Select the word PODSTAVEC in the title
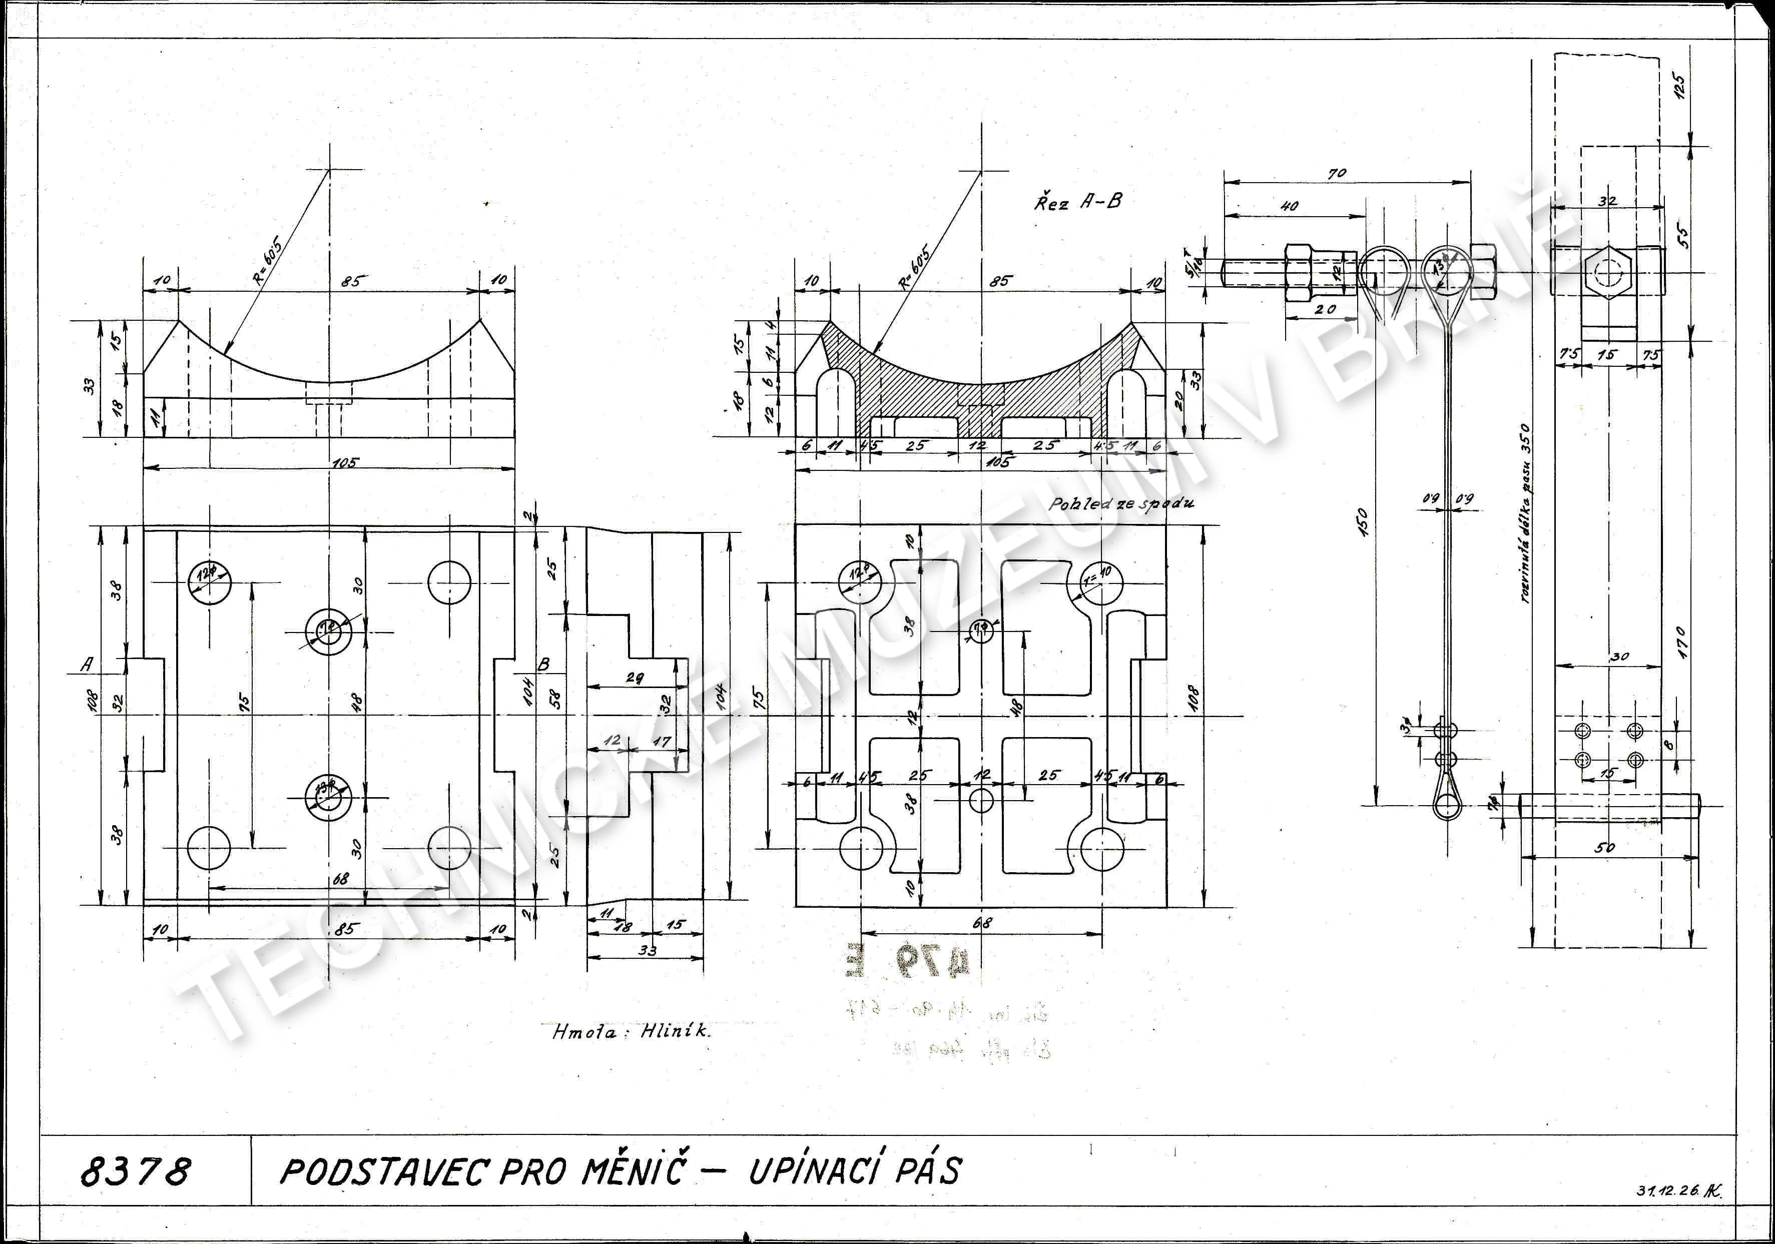(383, 1171)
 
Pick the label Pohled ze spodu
(1120, 504)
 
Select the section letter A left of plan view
(88, 664)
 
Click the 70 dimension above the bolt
(1337, 174)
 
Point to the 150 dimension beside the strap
(1362, 522)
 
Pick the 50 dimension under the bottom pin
(1604, 847)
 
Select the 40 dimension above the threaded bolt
(1290, 207)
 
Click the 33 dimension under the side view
(647, 950)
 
